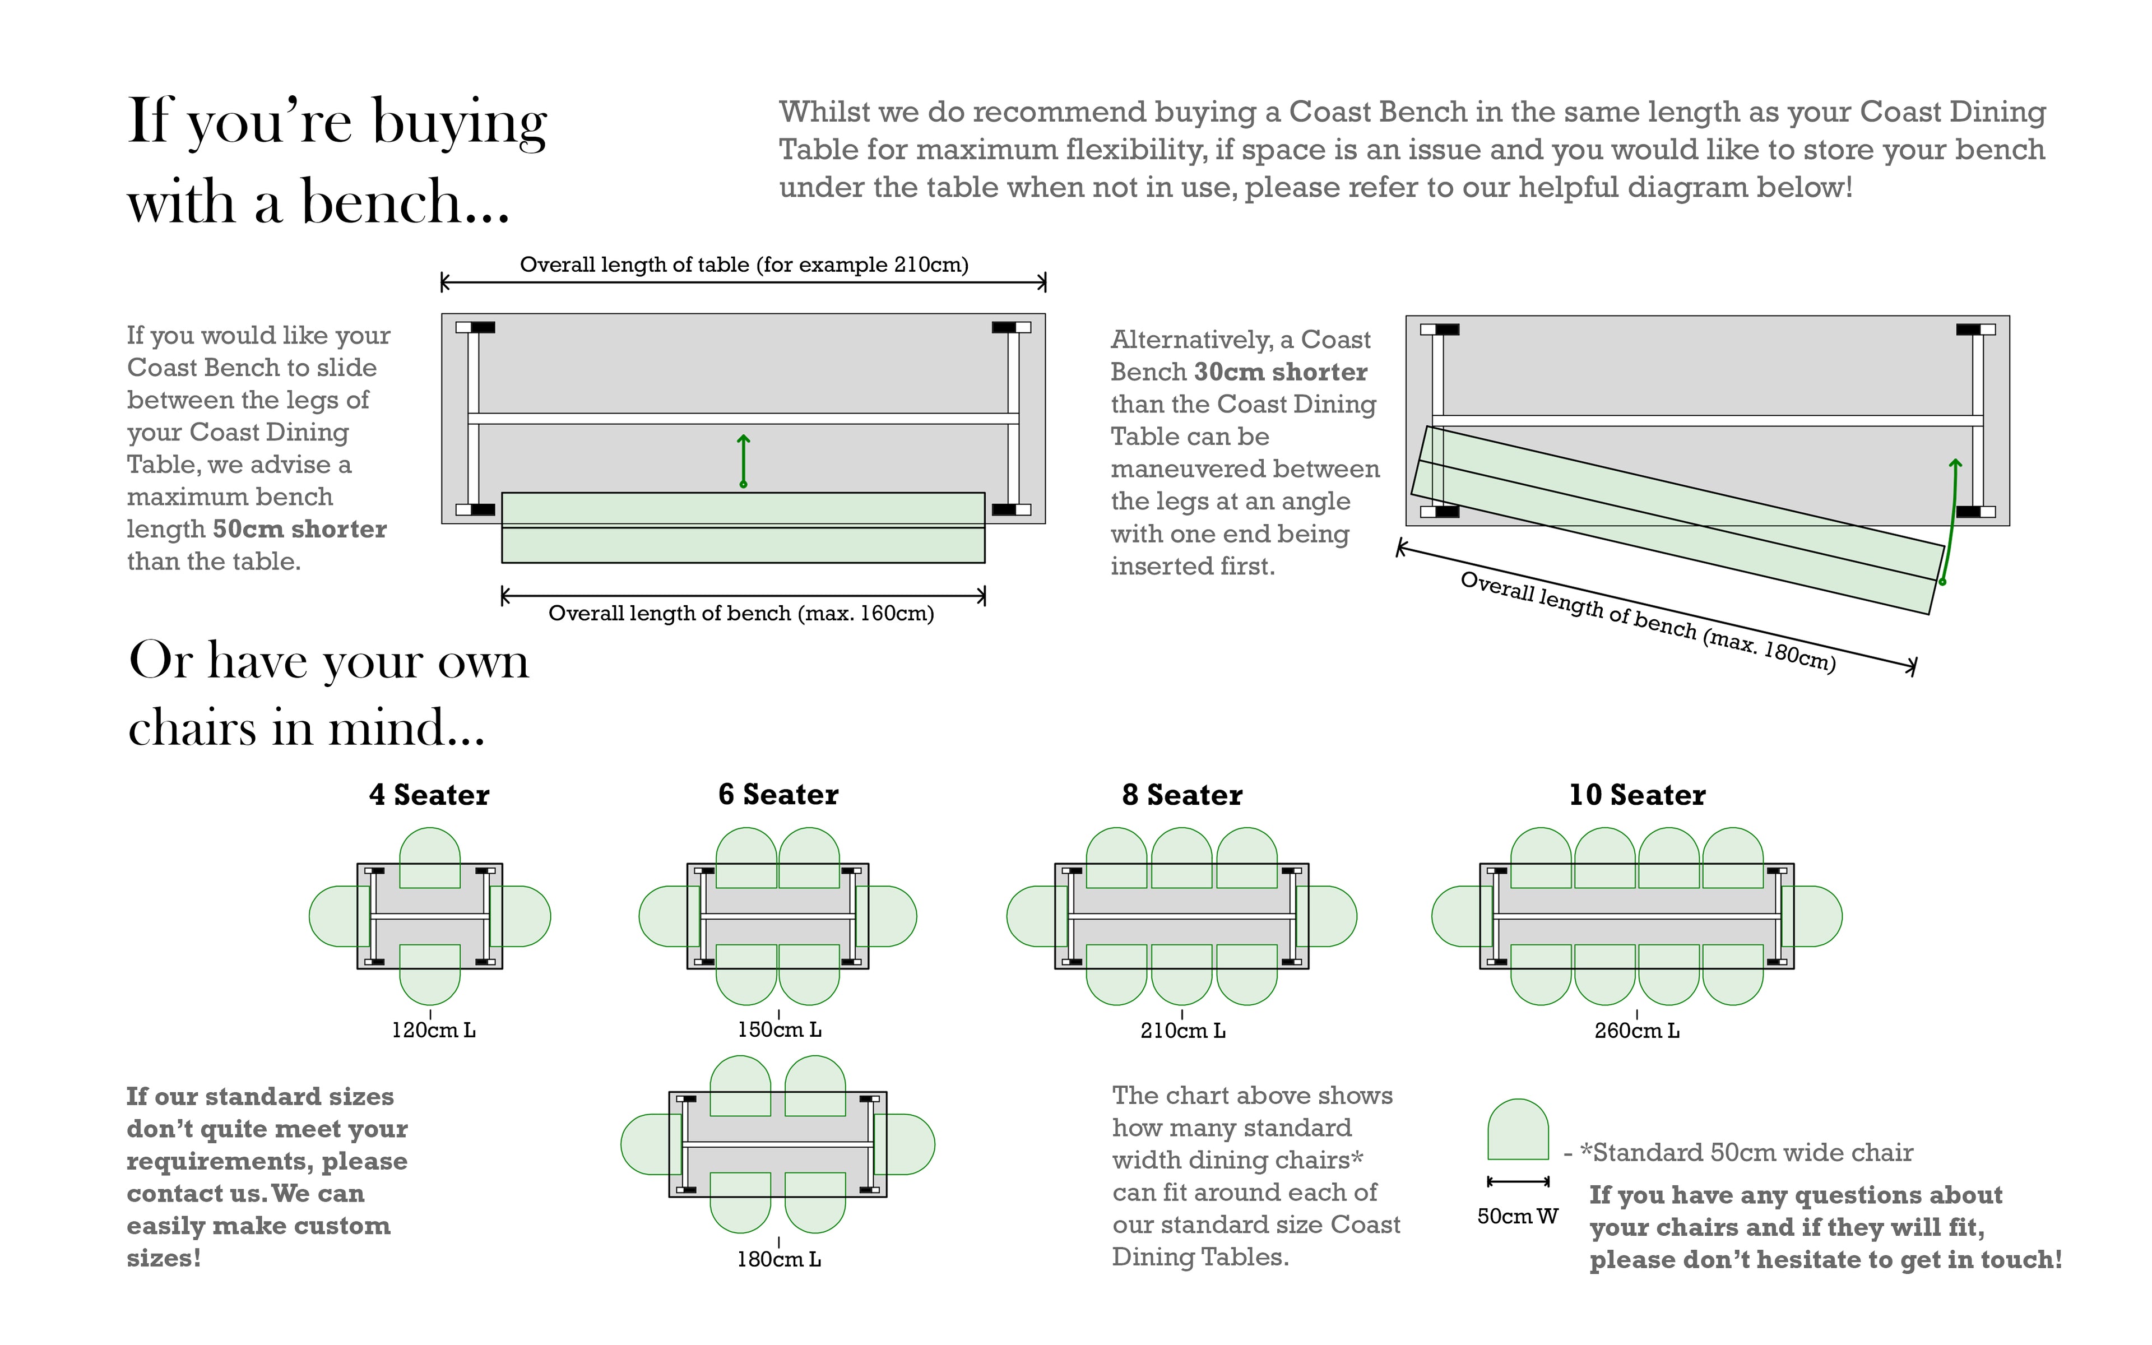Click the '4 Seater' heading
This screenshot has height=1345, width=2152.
tap(429, 794)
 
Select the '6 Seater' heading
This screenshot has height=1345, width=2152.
tap(778, 794)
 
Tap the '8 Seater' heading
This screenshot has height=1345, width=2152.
tap(1182, 794)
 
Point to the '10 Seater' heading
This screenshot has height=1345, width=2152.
tap(1637, 794)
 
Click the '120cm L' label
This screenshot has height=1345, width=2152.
tap(434, 1030)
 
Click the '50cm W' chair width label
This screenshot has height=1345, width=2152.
tap(1518, 1216)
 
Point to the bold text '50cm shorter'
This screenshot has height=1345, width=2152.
tap(300, 529)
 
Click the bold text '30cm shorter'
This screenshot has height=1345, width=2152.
tap(1281, 372)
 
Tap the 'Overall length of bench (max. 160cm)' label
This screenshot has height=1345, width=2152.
tap(741, 614)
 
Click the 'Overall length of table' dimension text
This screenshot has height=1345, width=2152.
tap(744, 264)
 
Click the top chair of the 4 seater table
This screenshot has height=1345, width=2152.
tap(429, 857)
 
